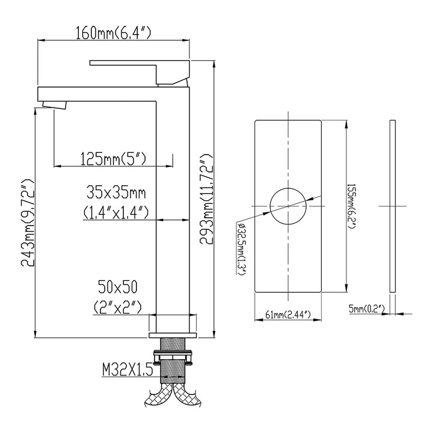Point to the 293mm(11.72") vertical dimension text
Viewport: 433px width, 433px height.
[207, 198]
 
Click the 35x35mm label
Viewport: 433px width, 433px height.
[116, 193]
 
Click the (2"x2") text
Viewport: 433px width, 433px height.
[118, 306]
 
